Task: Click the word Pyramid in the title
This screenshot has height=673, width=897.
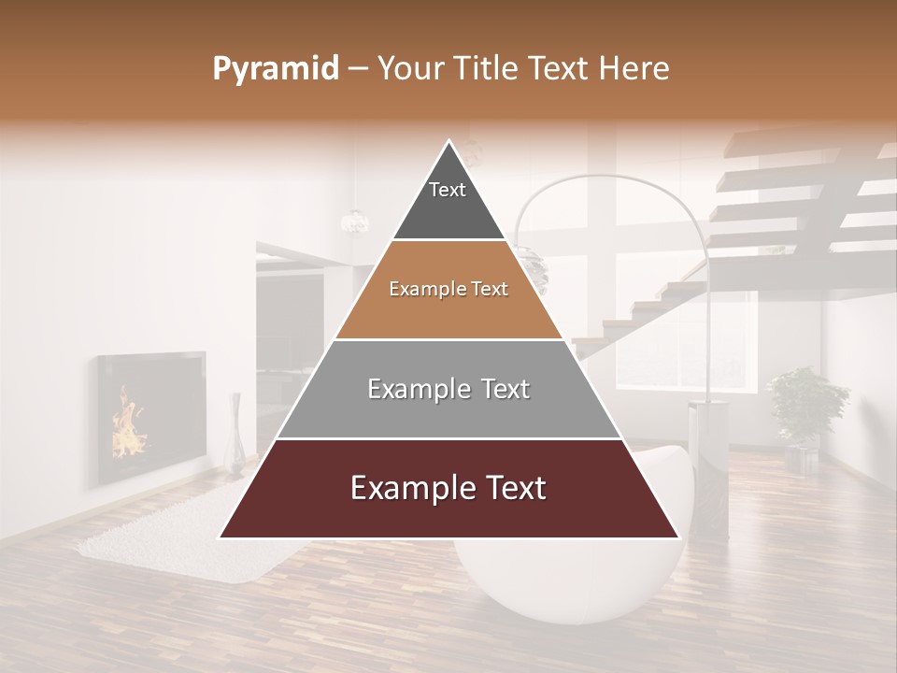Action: (275, 69)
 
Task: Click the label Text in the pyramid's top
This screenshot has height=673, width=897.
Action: (448, 190)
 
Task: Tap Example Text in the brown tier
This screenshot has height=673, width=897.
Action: (448, 289)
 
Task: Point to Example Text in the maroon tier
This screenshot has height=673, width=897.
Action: (448, 488)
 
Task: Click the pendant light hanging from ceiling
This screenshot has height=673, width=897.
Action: (355, 221)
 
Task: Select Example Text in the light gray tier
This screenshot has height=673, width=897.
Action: (448, 389)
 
